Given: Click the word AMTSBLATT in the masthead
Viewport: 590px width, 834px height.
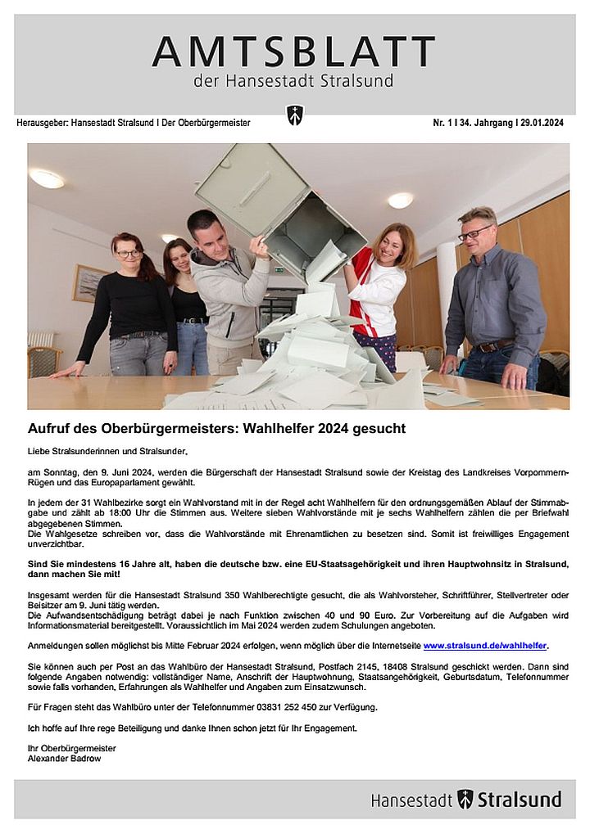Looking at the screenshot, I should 293,52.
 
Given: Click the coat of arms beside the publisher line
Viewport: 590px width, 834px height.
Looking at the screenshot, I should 294,115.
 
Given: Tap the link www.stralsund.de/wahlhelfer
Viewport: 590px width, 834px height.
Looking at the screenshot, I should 485,646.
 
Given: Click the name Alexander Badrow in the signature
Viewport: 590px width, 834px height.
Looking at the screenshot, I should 63,759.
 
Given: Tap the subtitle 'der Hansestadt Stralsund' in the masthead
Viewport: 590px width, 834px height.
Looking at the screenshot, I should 293,81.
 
